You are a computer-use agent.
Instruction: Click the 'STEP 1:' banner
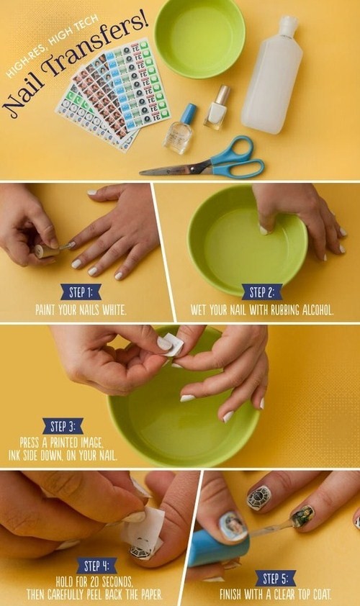pos(81,292)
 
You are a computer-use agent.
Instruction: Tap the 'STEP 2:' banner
pos(262,292)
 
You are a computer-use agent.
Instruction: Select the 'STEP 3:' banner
pos(63,426)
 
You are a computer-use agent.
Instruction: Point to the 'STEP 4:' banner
pos(96,566)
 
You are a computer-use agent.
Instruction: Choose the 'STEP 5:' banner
pos(275,579)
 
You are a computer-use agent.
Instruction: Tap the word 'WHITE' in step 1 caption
pos(114,310)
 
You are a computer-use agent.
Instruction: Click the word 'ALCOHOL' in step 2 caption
pos(318,310)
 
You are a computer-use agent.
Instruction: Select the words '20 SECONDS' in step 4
pos(112,582)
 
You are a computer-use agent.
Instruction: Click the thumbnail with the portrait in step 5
pos(233,527)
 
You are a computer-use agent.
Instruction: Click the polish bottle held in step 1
pos(46,250)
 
